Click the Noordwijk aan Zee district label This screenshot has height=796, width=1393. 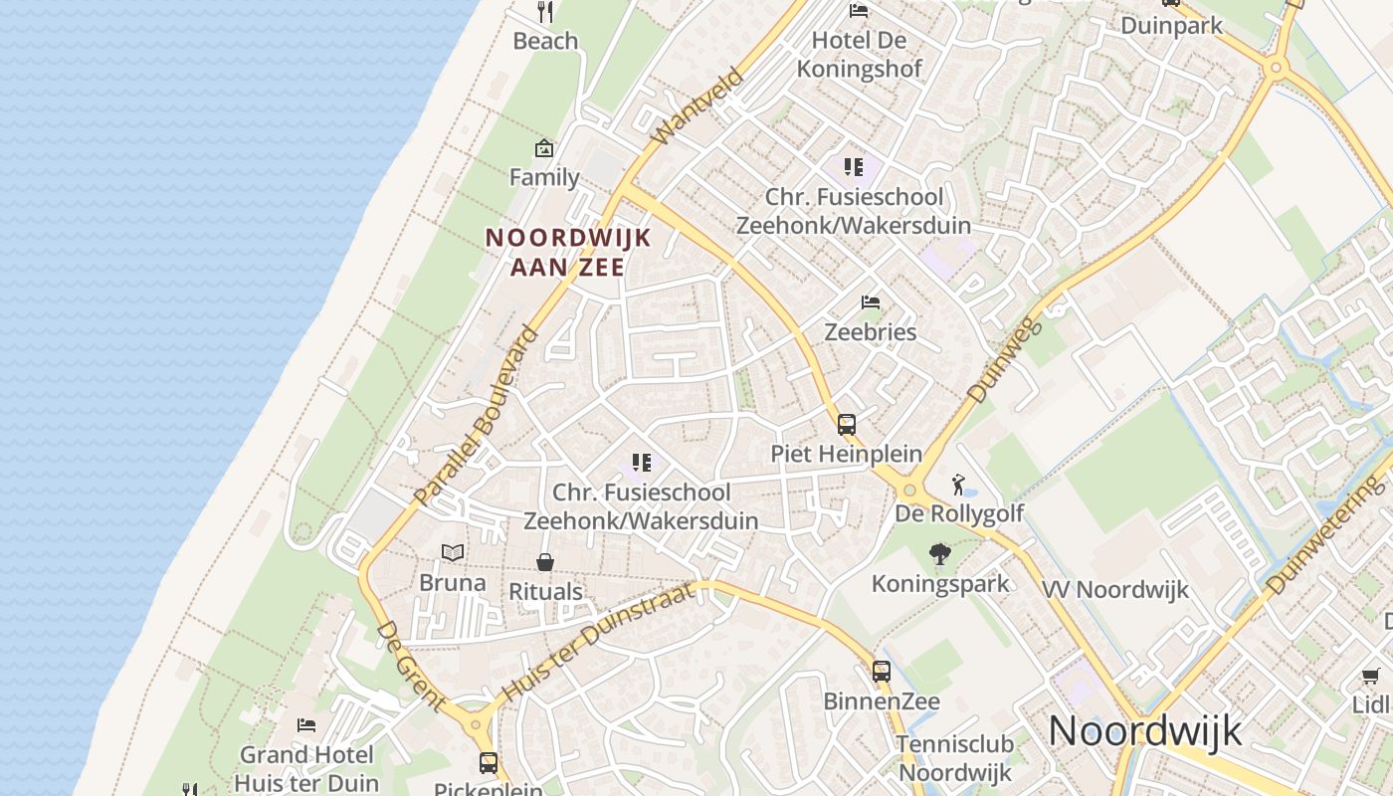567,253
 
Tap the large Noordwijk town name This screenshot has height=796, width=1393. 1145,731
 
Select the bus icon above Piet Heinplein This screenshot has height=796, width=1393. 846,425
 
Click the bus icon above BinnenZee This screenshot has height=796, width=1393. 882,672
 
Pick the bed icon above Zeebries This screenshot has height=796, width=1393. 871,302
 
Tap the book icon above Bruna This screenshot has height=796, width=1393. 453,553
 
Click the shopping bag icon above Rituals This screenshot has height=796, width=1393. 545,563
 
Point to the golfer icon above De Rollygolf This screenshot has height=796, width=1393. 958,485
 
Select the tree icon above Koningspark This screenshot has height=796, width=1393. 939,555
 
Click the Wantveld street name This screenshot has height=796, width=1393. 697,106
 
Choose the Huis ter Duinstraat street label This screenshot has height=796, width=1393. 603,642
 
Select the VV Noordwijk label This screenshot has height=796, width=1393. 1114,589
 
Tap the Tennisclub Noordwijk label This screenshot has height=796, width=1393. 954,758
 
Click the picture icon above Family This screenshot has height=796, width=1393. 543,149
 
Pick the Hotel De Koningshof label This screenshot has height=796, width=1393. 860,55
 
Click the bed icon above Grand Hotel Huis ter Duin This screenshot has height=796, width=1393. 306,725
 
